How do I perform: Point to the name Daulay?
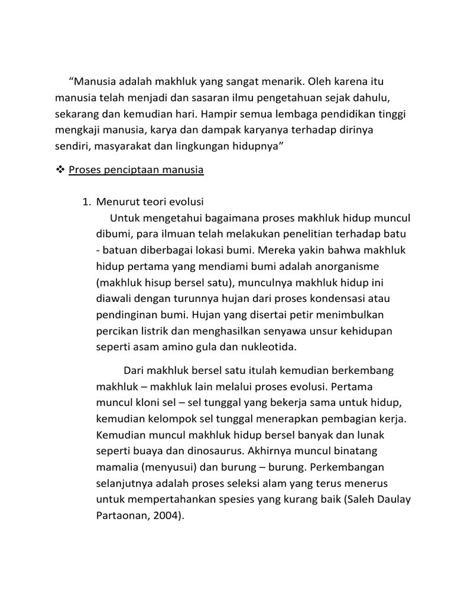tap(391, 499)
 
